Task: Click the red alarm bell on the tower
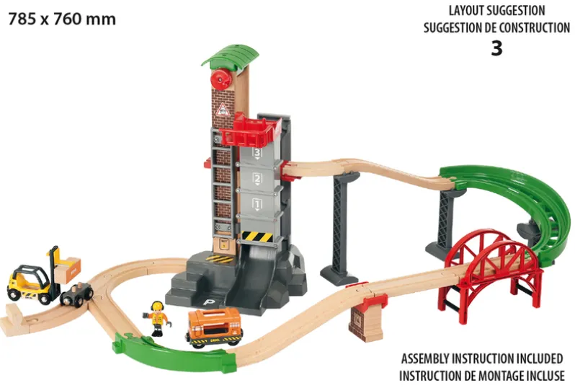(219, 77)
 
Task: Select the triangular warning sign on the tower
(223, 110)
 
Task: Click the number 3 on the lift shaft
(257, 152)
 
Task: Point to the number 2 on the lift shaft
(257, 179)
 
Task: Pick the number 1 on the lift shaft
(257, 203)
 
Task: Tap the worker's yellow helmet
(157, 305)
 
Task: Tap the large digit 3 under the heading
(496, 48)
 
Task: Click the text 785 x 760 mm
(62, 19)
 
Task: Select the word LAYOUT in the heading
(467, 11)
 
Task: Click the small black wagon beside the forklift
(76, 295)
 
